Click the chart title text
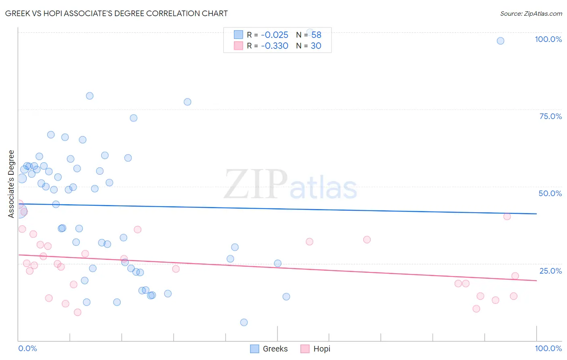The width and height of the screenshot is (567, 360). click(x=117, y=13)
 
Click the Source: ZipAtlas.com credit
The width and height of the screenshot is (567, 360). click(x=531, y=13)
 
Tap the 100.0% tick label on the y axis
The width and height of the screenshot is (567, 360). click(x=548, y=39)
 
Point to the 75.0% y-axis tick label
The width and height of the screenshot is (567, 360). click(x=550, y=116)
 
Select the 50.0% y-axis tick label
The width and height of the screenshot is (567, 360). click(x=550, y=193)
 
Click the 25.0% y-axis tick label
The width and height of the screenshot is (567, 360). click(x=550, y=271)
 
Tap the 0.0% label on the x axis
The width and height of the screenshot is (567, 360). click(x=27, y=348)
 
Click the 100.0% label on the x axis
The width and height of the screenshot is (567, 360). click(x=548, y=348)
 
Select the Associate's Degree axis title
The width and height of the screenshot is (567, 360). click(x=11, y=184)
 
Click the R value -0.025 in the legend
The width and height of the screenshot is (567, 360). click(x=274, y=35)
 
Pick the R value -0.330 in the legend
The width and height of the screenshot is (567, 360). click(x=274, y=46)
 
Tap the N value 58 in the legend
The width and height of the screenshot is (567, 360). click(x=316, y=35)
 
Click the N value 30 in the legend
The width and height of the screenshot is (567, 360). click(x=316, y=46)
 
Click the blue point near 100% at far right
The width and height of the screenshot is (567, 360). click(x=500, y=41)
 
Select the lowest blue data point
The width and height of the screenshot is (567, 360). click(x=244, y=322)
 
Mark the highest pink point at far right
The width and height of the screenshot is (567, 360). click(x=507, y=216)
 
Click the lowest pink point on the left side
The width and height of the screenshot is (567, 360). click(x=77, y=312)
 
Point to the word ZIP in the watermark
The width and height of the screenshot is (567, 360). click(x=256, y=184)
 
